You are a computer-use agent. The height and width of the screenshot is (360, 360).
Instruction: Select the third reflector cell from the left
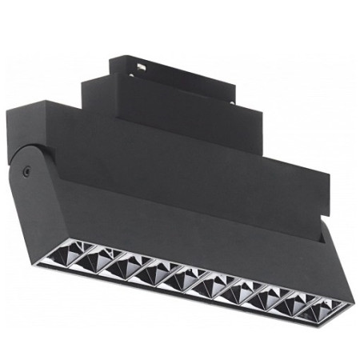[x=150, y=270]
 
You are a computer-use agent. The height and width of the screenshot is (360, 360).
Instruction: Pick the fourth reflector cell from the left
[x=177, y=280]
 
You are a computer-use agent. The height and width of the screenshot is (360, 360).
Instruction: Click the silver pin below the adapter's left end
[x=130, y=78]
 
